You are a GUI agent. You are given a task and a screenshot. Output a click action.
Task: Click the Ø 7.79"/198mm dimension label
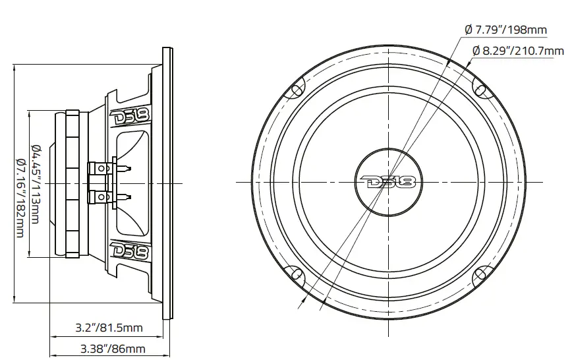[507, 30]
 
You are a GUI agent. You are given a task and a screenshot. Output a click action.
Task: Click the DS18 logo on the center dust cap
[389, 181]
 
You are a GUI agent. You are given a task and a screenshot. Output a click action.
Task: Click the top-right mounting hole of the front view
[481, 89]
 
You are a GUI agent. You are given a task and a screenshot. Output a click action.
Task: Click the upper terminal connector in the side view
[102, 169]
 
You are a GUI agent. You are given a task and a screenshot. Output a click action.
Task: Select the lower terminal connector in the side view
[102, 196]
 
